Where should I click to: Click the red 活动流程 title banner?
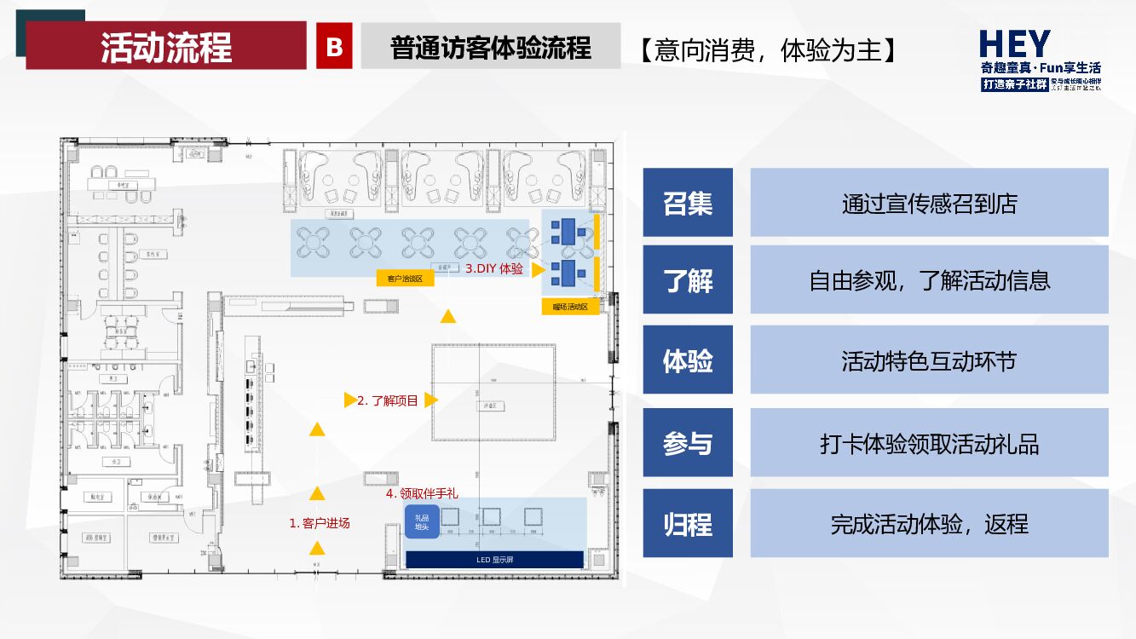pyautogui.click(x=166, y=46)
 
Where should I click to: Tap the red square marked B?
pyautogui.click(x=334, y=47)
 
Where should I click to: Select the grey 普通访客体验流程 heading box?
pyautogui.click(x=490, y=47)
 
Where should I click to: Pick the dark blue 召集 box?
pyautogui.click(x=688, y=203)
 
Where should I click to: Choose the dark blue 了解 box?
pyautogui.click(x=688, y=280)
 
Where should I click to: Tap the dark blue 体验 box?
pyautogui.click(x=688, y=360)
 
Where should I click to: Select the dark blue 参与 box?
pyautogui.click(x=688, y=443)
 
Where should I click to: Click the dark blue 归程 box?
pyautogui.click(x=688, y=523)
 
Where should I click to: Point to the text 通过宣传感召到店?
pyautogui.click(x=929, y=203)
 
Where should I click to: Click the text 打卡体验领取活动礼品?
pyautogui.click(x=929, y=443)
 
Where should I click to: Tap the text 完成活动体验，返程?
pyautogui.click(x=929, y=523)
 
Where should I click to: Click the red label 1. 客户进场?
pyautogui.click(x=320, y=523)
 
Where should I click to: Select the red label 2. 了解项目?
pyautogui.click(x=388, y=400)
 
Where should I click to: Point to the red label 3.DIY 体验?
pyautogui.click(x=494, y=269)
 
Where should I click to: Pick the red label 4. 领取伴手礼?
pyautogui.click(x=422, y=493)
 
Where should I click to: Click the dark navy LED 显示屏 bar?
pyautogui.click(x=494, y=560)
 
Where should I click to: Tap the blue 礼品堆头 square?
pyautogui.click(x=422, y=521)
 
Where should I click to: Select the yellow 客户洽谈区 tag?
pyautogui.click(x=405, y=279)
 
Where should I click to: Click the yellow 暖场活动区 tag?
pyautogui.click(x=570, y=307)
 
